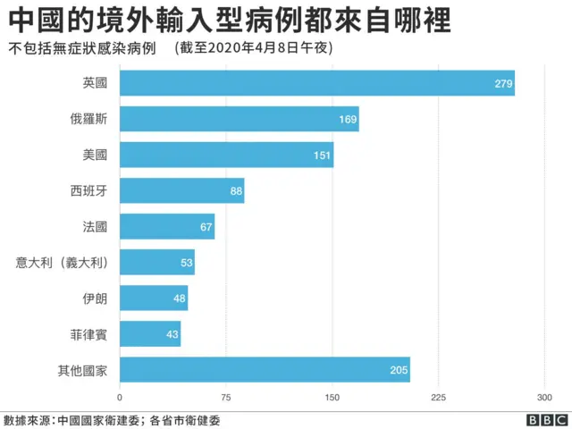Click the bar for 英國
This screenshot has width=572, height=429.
coord(316,83)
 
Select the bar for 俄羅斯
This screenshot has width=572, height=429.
coord(239,119)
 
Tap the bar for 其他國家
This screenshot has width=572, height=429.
coord(265,369)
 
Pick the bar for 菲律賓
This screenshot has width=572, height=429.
coord(150,333)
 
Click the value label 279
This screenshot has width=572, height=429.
coord(502,84)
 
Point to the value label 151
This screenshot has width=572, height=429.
coord(322,156)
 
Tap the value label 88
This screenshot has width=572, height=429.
coord(236,191)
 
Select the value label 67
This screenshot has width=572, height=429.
coord(206,227)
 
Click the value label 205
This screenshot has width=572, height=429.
coord(399,370)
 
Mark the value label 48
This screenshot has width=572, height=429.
coord(180,299)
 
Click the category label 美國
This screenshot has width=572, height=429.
coord(94,155)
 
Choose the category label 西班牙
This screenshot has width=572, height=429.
coord(88,190)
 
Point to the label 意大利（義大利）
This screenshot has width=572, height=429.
coord(62,262)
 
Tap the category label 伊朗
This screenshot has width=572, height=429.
coord(94,298)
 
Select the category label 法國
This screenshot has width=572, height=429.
coord(94,226)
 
